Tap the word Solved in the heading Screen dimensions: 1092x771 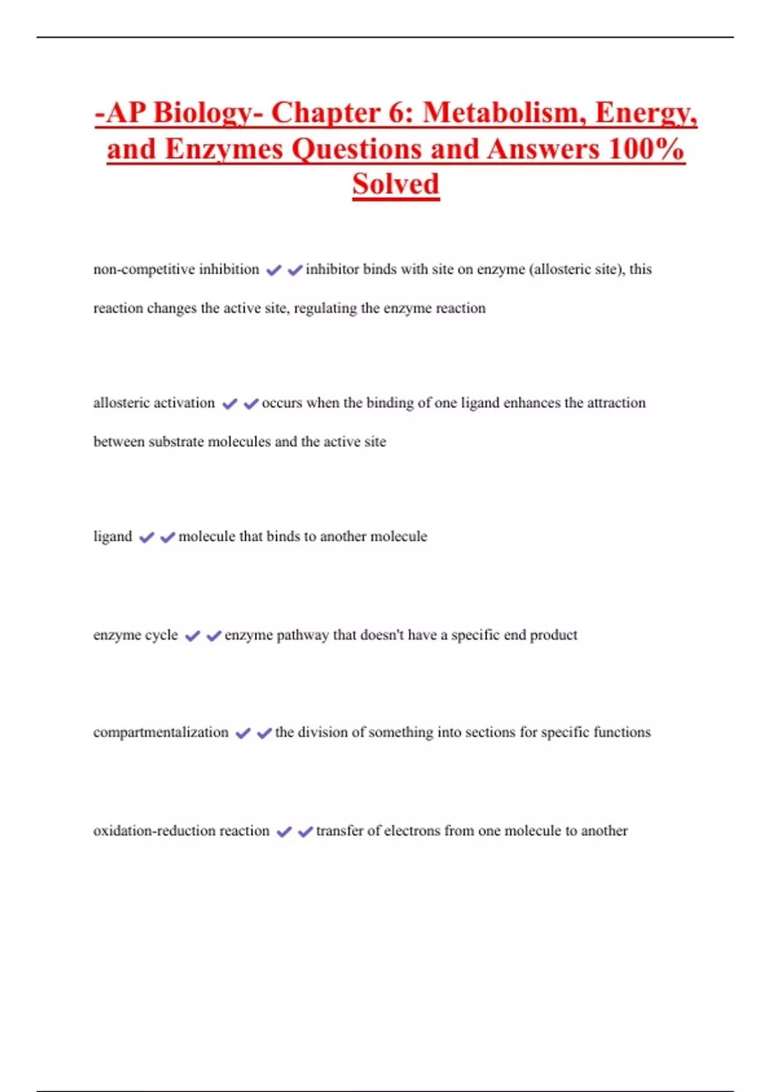coord(396,184)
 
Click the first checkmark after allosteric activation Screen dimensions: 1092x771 coord(229,404)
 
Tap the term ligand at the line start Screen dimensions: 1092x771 coord(112,536)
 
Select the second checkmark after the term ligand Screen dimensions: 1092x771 coord(168,538)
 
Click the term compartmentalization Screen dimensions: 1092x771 coord(161,732)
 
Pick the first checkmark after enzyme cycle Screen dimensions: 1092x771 coord(192,636)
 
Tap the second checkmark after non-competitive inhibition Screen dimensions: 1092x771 coord(295,270)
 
